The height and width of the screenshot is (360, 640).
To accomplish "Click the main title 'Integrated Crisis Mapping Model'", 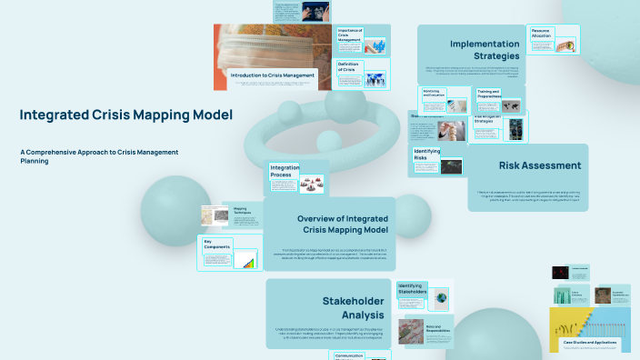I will click(x=125, y=115).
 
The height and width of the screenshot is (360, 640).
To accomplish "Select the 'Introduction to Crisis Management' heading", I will click(x=273, y=75).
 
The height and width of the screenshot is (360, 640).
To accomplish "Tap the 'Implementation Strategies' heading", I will click(x=485, y=50).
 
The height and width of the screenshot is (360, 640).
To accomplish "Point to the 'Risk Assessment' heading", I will click(x=540, y=165).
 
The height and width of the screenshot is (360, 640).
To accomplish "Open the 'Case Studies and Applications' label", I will click(x=595, y=343).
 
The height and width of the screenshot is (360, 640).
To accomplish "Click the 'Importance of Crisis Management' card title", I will click(x=350, y=35).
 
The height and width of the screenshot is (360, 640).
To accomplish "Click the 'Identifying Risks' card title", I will click(x=426, y=155).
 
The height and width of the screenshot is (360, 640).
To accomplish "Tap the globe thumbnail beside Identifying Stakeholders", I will click(x=441, y=297).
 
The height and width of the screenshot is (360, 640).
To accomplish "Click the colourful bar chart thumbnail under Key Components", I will click(x=245, y=260).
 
